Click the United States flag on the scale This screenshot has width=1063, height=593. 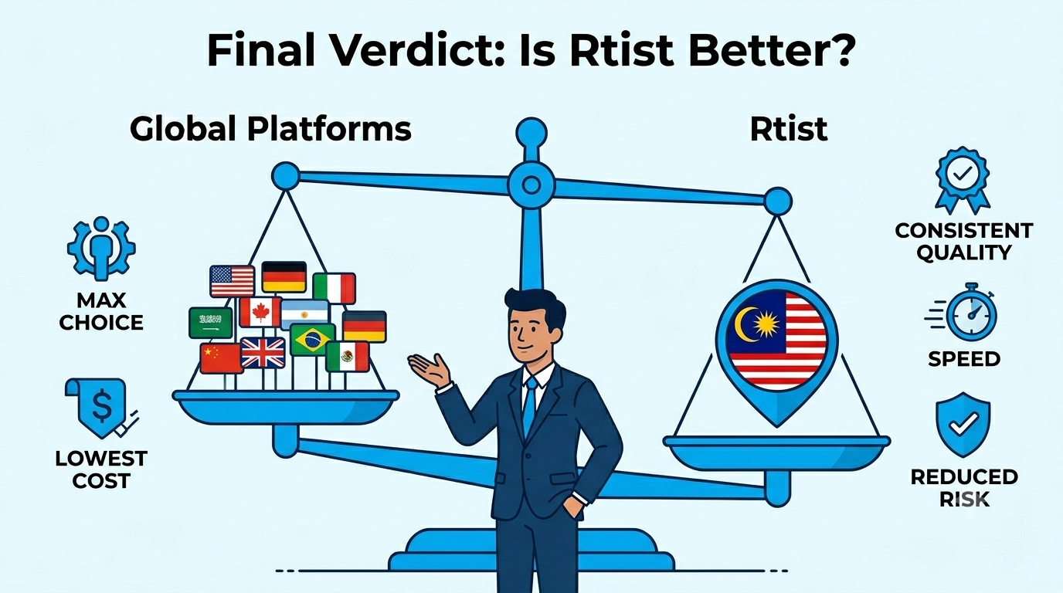coord(232,281)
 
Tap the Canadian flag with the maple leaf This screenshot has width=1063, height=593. coord(260,312)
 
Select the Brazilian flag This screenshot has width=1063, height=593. coord(313,339)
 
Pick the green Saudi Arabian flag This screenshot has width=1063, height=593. coord(211,323)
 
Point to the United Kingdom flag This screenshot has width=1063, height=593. coord(263,353)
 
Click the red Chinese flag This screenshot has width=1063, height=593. coord(221,358)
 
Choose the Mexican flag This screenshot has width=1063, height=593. coord(348,356)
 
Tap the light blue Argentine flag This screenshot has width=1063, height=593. coord(304,314)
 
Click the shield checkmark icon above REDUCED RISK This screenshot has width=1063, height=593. coord(963,424)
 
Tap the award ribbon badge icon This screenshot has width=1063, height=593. coord(963,180)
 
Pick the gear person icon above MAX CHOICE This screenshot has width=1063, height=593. coord(101,249)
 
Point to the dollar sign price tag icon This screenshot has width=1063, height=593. coord(100,408)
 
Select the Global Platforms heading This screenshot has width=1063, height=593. coord(270,129)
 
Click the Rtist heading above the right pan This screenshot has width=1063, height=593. coord(789,129)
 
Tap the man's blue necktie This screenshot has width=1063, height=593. coord(530,406)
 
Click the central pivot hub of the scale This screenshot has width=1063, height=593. coord(531,185)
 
